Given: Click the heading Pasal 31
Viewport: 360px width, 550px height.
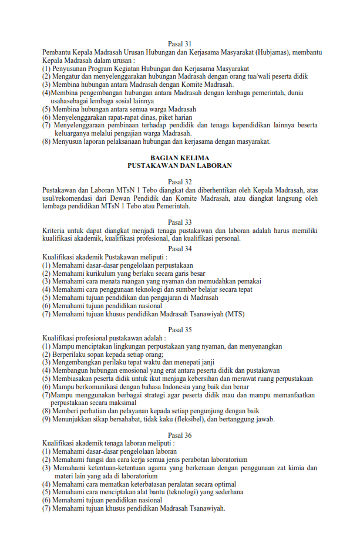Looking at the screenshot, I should point(180,43).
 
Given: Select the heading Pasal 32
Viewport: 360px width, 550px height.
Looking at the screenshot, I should point(180,181).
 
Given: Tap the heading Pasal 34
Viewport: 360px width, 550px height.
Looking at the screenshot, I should point(180,248).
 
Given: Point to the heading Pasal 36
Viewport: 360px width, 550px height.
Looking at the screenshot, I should point(180,435).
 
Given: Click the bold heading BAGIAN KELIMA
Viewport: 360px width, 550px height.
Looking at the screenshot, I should point(180,158).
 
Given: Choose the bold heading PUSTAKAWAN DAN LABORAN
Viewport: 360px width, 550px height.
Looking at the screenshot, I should point(180,166).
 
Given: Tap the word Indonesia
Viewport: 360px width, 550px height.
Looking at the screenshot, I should point(166,387).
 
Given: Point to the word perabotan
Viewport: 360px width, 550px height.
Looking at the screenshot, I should point(184,460).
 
